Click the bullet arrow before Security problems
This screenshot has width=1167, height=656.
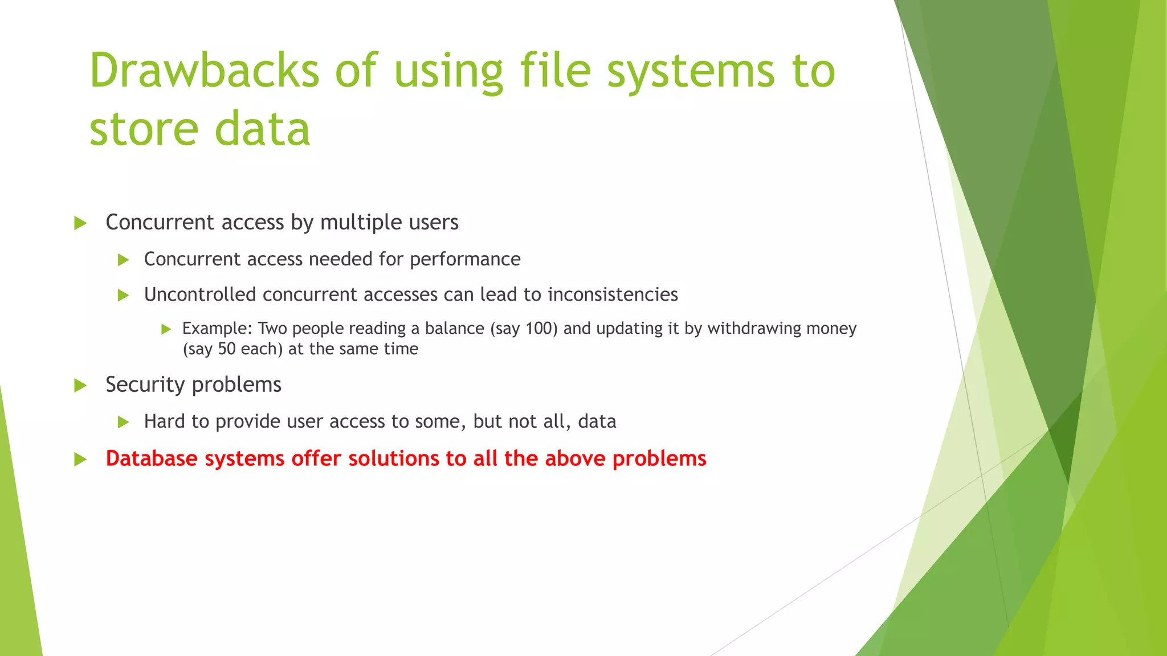point(80,386)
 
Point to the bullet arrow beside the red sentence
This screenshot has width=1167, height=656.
point(80,459)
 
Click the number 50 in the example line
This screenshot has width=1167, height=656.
point(227,348)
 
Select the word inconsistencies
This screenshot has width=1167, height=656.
point(613,294)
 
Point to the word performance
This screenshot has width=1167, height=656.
point(465,260)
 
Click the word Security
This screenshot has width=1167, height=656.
point(145,385)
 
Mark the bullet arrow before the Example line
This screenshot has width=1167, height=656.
point(166,329)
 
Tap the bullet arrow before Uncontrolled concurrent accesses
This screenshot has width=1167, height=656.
point(123,295)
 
